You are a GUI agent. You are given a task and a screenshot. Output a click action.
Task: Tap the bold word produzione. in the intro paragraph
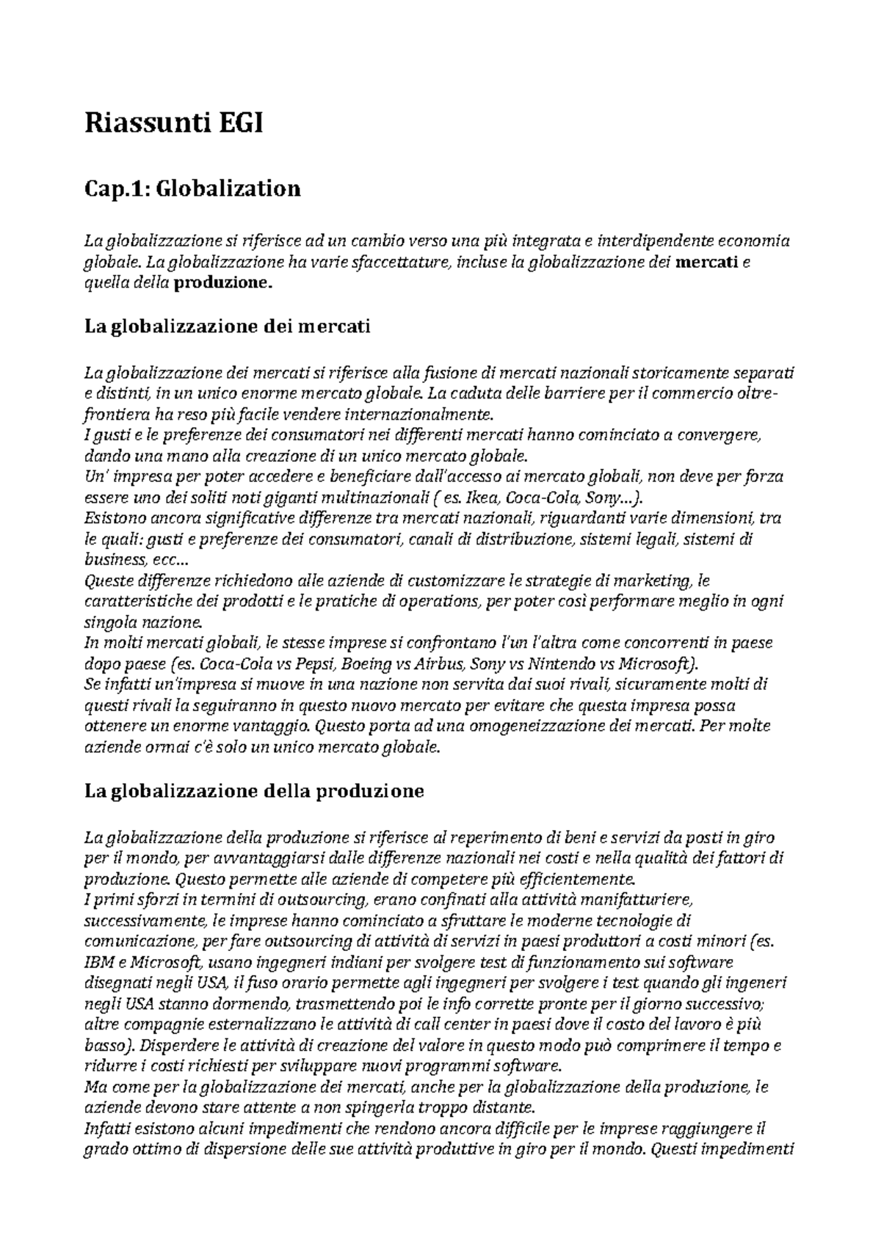[x=221, y=283]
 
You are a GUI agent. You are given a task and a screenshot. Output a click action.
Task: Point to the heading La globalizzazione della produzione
[x=254, y=791]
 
